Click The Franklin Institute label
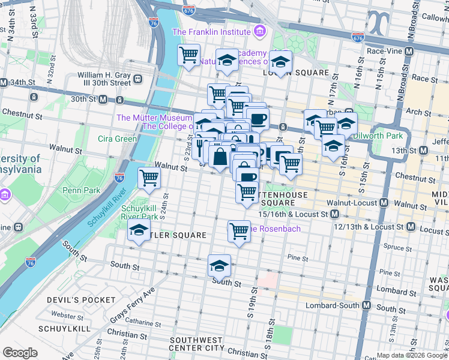coord(211,31)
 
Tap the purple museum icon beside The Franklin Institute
coord(259,31)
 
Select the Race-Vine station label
coord(384,52)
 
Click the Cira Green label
coord(117,139)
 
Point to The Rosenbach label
coord(275,229)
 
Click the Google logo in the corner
coord(20,353)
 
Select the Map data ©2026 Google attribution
coord(412,355)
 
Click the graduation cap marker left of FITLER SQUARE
coord(139,230)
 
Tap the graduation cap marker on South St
coord(219,265)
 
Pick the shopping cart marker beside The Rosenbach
coord(239,230)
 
